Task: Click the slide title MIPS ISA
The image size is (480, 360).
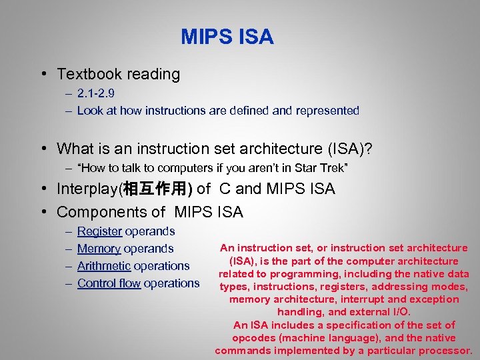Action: (227, 37)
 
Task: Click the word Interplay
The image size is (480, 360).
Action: (87, 189)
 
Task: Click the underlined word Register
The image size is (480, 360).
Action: (99, 231)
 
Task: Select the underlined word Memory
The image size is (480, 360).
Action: (99, 249)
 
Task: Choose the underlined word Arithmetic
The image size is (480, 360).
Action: (104, 266)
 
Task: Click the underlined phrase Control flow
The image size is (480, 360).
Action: (109, 283)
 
